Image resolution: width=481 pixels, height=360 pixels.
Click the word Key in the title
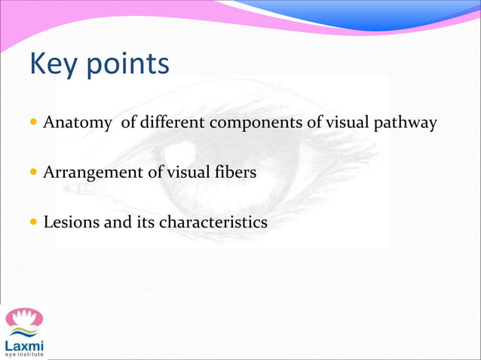pyautogui.click(x=54, y=65)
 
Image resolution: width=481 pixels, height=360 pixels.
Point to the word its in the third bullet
pyautogui.click(x=144, y=223)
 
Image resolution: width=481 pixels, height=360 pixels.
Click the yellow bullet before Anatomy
pyautogui.click(x=35, y=123)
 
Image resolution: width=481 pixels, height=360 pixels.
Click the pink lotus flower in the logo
pyautogui.click(x=24, y=317)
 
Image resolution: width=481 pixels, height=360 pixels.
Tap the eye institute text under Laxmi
pyautogui.click(x=24, y=355)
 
